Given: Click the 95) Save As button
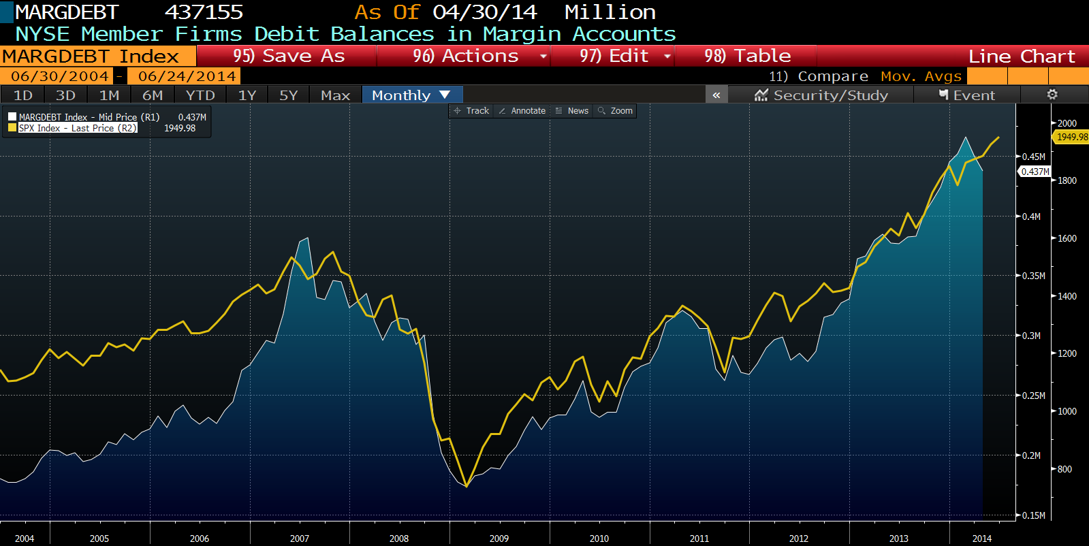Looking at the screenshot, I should coord(289,56).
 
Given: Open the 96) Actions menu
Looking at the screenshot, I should coord(465,56).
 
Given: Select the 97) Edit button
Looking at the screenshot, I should coord(614,56).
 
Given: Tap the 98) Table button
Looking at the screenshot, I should coord(747,56).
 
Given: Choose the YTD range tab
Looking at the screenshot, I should coord(200,95).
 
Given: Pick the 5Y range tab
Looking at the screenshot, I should coord(289,95).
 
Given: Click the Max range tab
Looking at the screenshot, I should coord(335,95).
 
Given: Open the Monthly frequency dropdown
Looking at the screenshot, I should coord(411,95).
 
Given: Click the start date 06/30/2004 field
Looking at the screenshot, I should coord(60,76).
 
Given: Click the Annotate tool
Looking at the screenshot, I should coord(522,111).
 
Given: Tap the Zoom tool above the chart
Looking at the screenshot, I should coord(616,111).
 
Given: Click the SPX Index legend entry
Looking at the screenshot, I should coord(77,128).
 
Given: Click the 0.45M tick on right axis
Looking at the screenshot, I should coord(1033,157).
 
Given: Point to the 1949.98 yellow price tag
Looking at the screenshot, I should coord(1072,137).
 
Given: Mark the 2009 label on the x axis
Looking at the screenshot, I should coord(499,539).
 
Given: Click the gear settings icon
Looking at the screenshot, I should coord(1052,95).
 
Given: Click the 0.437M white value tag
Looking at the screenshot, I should coord(1035,172).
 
